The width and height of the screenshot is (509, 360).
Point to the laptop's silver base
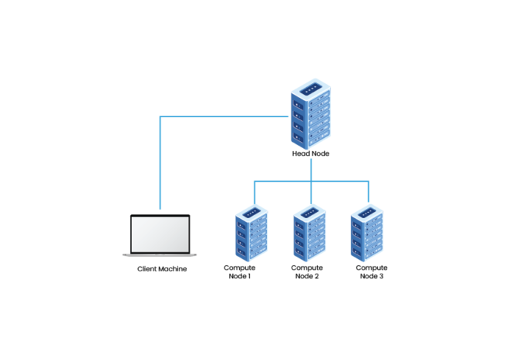click(x=160, y=254)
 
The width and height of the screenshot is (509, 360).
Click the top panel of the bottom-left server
click(x=252, y=209)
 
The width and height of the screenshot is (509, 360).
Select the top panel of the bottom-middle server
click(x=310, y=209)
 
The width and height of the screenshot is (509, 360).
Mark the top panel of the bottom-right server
click(x=368, y=209)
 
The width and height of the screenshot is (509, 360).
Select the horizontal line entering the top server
click(x=224, y=116)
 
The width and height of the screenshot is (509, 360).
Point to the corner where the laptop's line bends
click(x=160, y=116)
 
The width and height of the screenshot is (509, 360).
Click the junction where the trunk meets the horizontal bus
click(x=311, y=182)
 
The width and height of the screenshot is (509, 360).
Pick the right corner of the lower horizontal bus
click(x=369, y=182)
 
